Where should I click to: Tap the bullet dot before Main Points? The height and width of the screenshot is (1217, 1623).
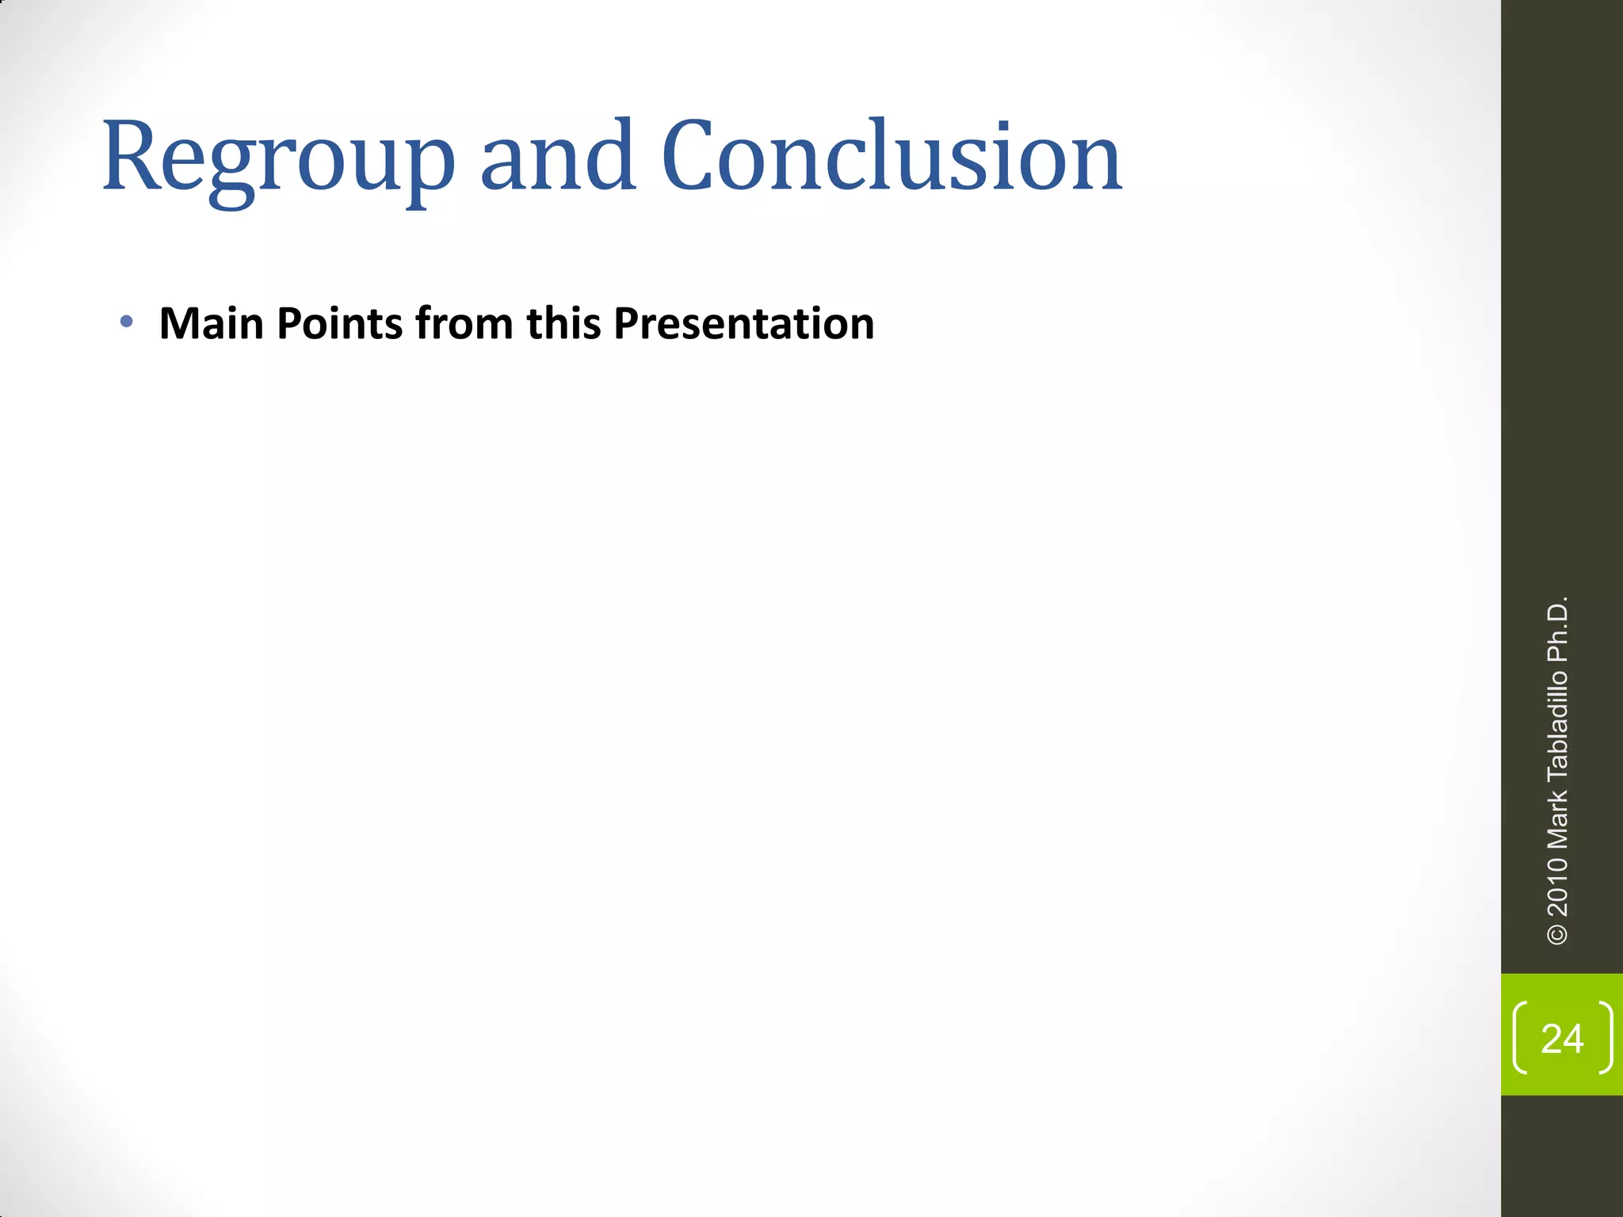(x=126, y=322)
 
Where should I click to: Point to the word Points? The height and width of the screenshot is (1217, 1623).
(x=339, y=324)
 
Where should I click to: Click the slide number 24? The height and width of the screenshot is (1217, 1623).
(x=1562, y=1039)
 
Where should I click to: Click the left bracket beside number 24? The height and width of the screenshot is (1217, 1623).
(x=1519, y=1038)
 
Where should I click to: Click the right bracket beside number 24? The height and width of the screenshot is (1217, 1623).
(x=1606, y=1038)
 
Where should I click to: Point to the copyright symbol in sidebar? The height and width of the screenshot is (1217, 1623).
(x=1557, y=934)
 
